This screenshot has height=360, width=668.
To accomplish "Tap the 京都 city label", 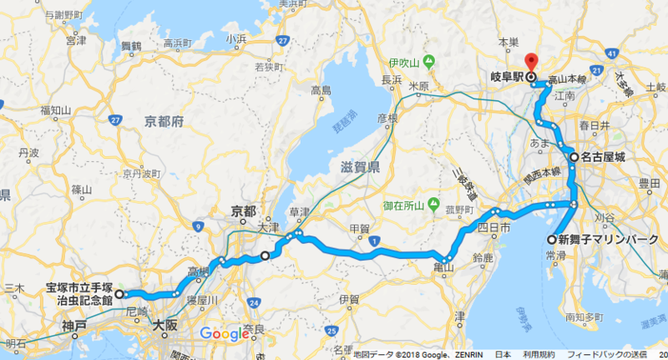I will point(244,212).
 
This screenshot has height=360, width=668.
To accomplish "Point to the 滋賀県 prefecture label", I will point(360,167).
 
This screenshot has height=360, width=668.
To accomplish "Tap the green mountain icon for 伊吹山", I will point(428,62).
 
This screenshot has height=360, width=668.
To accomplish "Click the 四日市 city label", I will point(493,226).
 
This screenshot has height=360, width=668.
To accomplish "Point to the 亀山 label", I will point(443,267).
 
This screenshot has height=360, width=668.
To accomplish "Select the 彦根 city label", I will point(387,118).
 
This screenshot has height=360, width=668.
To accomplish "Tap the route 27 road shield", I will point(285,39).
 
